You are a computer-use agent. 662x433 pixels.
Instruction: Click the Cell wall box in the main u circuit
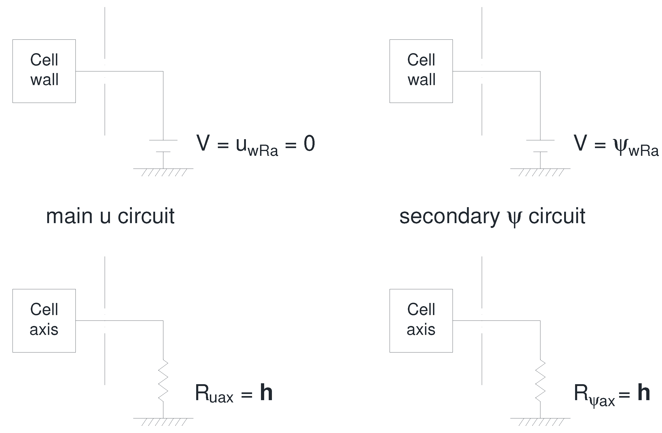point(44,71)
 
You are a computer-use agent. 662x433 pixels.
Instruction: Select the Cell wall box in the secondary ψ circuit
point(421,71)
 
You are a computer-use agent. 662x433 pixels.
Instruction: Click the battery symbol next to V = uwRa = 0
point(163,146)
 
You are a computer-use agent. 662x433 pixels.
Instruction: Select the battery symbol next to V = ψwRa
point(540,146)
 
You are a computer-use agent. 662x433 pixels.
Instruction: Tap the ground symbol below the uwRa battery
point(163,172)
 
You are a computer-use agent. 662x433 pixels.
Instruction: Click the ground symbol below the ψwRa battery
point(540,172)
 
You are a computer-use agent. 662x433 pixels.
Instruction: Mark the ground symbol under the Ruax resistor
point(163,421)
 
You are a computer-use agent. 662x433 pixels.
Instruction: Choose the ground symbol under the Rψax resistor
point(540,421)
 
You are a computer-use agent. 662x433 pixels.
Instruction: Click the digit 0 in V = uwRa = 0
point(309,143)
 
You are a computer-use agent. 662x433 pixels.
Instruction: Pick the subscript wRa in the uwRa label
point(263,151)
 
